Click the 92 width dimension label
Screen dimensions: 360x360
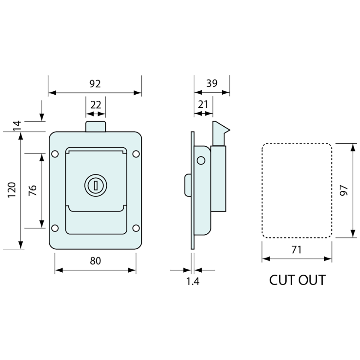click(x=95, y=84)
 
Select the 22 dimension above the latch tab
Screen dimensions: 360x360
click(x=96, y=105)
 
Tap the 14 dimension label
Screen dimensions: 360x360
click(x=17, y=126)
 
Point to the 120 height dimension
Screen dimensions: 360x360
click(x=12, y=190)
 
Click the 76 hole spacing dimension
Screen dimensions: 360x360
click(x=33, y=190)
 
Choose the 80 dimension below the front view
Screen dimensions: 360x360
click(x=95, y=261)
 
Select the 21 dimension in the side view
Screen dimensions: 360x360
click(x=203, y=104)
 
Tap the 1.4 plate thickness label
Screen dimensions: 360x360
click(x=193, y=281)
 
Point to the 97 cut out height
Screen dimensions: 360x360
click(x=343, y=190)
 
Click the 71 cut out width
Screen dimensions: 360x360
click(x=297, y=250)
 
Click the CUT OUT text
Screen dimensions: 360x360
click(x=297, y=280)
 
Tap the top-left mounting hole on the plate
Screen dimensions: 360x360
click(x=55, y=153)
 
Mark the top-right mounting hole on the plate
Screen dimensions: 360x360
click(x=135, y=153)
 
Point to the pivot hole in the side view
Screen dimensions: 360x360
click(x=201, y=160)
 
